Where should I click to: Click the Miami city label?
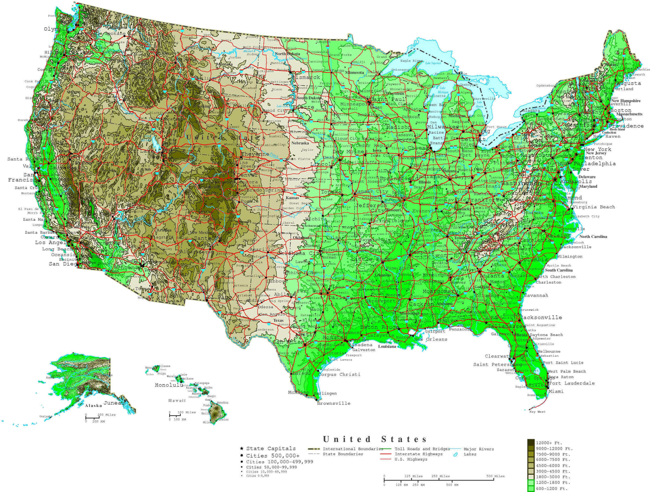556,391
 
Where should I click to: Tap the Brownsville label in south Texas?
334,403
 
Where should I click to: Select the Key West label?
537,412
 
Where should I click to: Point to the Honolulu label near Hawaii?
169,385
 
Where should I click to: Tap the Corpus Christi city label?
339,374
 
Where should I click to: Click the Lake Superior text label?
433,63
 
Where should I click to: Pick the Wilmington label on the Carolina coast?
569,256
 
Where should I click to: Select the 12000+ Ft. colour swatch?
531,443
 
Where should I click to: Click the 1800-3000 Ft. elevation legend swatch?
531,477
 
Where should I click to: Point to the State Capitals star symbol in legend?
242,448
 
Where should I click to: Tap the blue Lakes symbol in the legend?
456,454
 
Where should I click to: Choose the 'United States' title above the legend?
375,440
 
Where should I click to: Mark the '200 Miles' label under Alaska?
107,415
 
